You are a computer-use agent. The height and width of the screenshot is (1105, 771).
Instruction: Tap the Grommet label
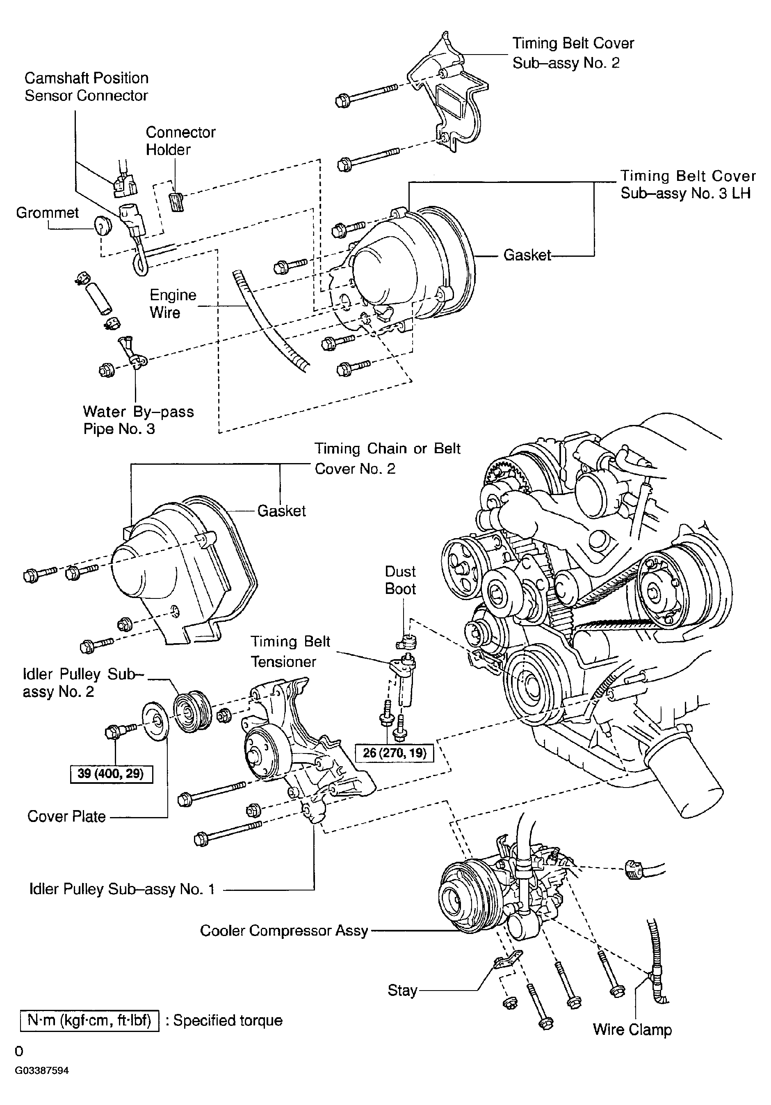point(47,213)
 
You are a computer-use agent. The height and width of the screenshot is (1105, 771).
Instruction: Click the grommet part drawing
point(102,225)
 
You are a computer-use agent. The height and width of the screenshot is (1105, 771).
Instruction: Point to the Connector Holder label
point(180,141)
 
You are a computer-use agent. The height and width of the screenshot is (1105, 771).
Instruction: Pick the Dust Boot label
point(400,580)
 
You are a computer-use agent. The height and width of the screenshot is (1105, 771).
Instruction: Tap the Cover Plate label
point(66,816)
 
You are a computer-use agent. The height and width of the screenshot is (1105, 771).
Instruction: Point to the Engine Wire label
point(173,304)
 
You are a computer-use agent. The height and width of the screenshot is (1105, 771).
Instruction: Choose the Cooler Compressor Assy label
point(284,930)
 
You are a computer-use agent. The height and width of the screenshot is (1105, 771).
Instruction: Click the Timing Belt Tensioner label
point(290,651)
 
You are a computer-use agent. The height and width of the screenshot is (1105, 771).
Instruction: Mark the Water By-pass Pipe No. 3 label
point(139,420)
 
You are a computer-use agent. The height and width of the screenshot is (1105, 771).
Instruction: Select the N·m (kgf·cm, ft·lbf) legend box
point(89,1020)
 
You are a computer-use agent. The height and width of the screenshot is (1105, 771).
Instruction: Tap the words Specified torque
point(228,1020)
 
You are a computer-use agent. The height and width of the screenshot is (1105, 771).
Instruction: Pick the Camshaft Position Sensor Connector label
point(87,87)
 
